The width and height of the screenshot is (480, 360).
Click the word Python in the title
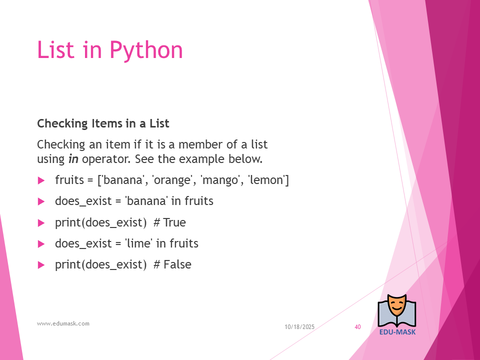[x=146, y=50]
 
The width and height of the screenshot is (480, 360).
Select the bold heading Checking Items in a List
[x=103, y=123]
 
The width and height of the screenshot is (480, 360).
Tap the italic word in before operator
[x=73, y=159]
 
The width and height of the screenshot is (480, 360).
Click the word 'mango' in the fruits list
[x=219, y=180]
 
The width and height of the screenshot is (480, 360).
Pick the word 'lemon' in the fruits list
[x=265, y=179]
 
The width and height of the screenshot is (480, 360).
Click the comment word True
[x=174, y=222]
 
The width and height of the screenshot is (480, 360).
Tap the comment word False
[x=177, y=264]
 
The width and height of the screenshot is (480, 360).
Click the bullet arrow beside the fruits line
[x=41, y=180]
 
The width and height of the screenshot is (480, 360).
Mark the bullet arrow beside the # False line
[x=41, y=265]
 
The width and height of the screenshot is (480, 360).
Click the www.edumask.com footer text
[x=63, y=323]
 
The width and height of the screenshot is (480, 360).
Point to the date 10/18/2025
[x=299, y=327]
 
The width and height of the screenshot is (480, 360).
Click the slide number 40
[x=357, y=327]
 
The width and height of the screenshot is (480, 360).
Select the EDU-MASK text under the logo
[x=397, y=332]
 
